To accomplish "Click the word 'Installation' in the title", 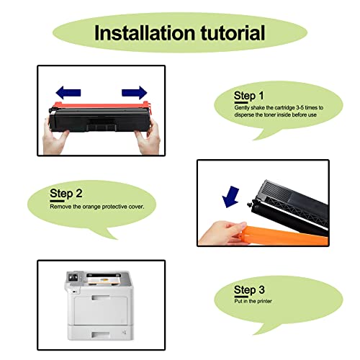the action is tap(145, 32).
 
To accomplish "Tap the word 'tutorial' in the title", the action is tap(233, 32).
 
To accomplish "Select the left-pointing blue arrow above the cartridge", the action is tap(68, 92).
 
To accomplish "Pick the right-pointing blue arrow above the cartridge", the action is tap(134, 92).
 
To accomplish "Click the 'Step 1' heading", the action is tap(248, 96).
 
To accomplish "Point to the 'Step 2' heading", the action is tap(66, 194).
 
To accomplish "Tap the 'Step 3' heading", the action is tap(249, 290).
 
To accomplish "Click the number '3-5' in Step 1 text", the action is tap(300, 107).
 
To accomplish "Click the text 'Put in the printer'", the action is tap(253, 301).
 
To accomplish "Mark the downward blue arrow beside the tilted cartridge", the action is tap(230, 197).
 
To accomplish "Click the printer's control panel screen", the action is tap(73, 278).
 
